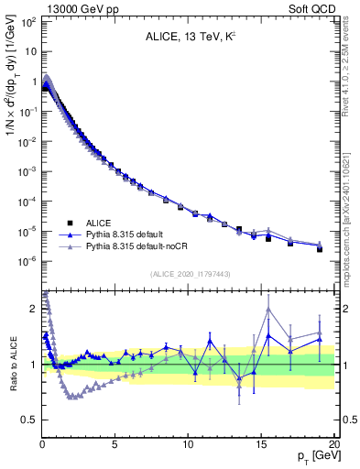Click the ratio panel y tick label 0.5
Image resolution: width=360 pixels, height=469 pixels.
(27, 420)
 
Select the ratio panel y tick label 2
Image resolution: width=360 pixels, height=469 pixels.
(32, 308)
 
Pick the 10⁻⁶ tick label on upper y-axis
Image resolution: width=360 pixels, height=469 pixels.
(27, 261)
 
